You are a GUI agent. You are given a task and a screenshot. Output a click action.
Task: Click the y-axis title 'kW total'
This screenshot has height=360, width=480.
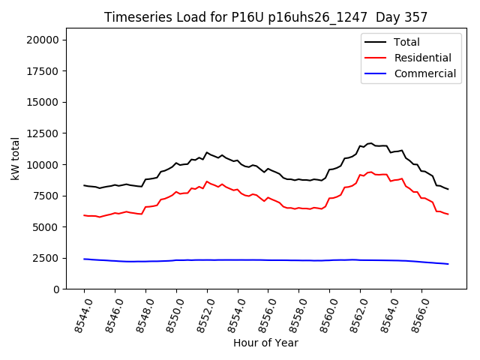coord(16,158)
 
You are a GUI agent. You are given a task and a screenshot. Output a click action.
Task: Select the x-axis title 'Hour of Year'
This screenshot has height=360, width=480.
coord(265,343)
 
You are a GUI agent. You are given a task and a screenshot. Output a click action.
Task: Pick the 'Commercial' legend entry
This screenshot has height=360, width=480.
coord(424,73)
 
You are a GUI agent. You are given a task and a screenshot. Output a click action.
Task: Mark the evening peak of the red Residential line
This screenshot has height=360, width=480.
coord(370,172)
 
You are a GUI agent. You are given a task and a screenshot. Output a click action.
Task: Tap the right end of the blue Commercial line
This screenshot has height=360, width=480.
coord(448,264)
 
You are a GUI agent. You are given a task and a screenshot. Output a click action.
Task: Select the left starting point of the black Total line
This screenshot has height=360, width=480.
coord(84,185)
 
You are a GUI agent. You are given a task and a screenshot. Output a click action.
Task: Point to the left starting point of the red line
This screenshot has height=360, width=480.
coord(84,215)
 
